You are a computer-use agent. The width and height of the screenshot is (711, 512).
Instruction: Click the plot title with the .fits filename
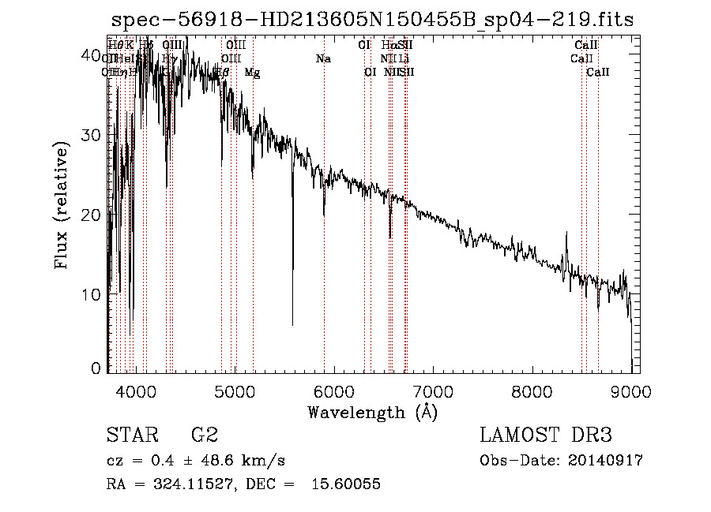point(372,20)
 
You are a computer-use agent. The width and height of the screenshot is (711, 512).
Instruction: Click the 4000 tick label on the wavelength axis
point(137,391)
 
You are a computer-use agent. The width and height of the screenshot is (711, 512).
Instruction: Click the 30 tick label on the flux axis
point(92,134)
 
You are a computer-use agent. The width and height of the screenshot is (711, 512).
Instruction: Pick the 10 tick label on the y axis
point(92,294)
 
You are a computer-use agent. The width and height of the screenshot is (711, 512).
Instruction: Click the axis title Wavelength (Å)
point(372,412)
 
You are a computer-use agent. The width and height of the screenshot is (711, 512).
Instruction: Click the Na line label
point(323,59)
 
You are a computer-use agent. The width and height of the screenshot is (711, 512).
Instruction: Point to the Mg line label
point(252,73)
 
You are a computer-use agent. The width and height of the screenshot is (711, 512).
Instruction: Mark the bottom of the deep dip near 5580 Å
point(293,324)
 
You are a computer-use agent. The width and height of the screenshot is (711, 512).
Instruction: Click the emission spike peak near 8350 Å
point(566,234)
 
